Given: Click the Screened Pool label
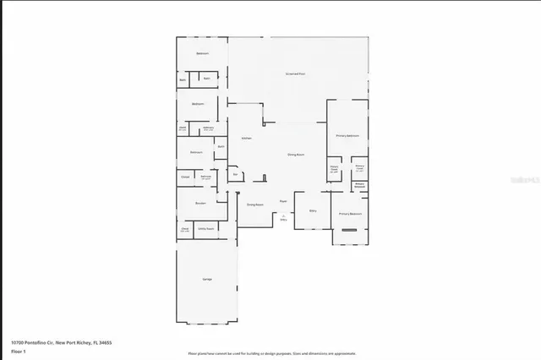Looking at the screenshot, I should [294, 74].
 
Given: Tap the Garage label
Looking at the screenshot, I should [206, 279].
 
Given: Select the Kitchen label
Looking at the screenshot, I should [246, 138].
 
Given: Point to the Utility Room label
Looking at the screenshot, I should [205, 229].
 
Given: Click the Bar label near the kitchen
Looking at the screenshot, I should [223, 174].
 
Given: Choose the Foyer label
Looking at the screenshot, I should [283, 201].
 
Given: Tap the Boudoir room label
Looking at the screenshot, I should [200, 204].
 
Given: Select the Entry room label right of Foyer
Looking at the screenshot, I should [313, 210].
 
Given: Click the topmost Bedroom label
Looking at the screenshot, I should [202, 53].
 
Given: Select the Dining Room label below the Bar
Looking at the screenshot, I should [254, 205].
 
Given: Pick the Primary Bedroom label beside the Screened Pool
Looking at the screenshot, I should [347, 135].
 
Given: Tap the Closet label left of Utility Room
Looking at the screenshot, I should [184, 229].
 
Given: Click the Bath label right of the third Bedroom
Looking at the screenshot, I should [221, 147].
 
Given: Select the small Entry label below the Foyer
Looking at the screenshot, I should [283, 219].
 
